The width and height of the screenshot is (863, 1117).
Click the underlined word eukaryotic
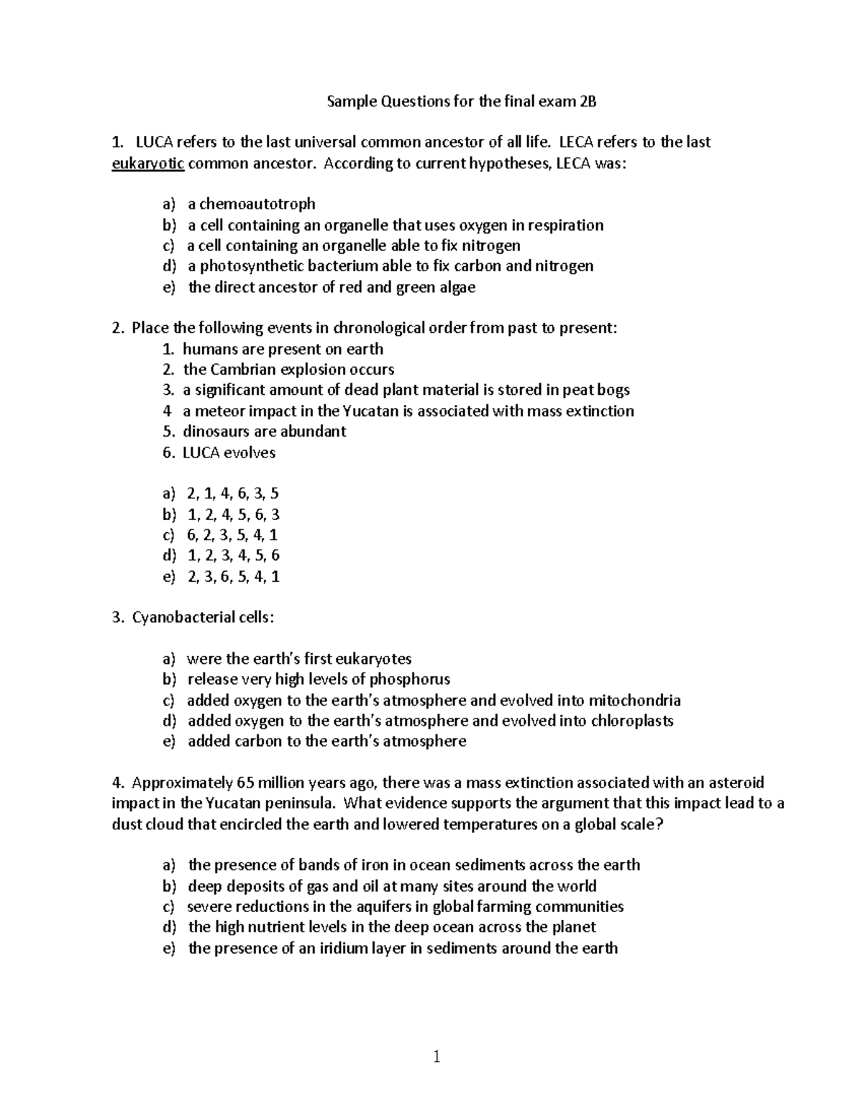pos(148,163)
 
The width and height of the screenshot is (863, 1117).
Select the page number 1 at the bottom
pos(437,1057)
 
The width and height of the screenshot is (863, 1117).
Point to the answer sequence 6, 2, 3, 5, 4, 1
pos(232,535)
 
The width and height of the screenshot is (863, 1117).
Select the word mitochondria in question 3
pos(634,701)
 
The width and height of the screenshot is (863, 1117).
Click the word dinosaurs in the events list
pos(214,432)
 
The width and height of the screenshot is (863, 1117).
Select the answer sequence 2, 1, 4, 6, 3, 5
pos(232,493)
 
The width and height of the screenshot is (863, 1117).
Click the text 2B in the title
pos(588,101)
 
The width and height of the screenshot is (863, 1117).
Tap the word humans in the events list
pos(209,350)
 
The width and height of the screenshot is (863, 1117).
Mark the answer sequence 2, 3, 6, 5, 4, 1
pos(232,577)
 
